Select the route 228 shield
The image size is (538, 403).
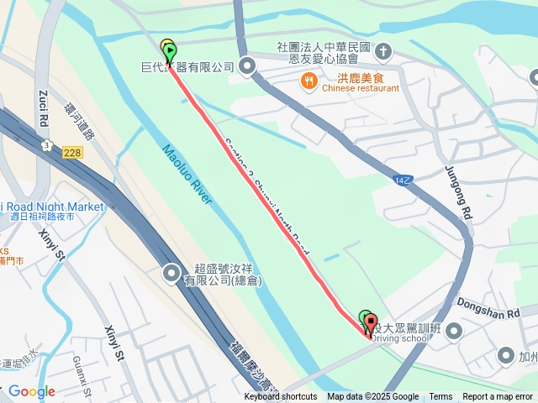pos(71,150)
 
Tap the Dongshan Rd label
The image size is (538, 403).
pos(489,307)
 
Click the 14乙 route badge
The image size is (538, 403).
pos(403,180)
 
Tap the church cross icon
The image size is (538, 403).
pos(383,52)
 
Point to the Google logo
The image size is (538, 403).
pos(31,391)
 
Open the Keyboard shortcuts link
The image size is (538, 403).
pos(281,397)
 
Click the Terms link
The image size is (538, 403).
pos(440,397)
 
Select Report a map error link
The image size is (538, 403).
pos(498,397)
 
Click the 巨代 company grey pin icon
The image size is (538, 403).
pos(246,66)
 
